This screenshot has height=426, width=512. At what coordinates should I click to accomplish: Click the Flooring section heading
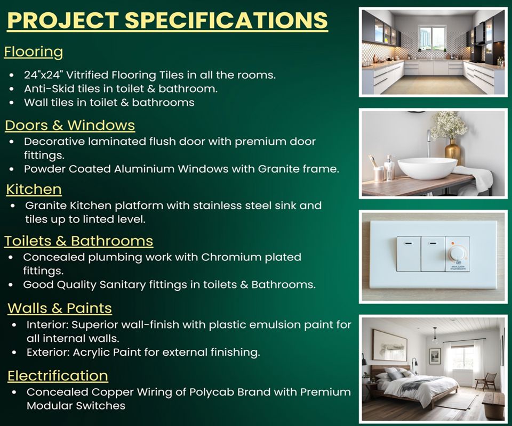tap(34, 52)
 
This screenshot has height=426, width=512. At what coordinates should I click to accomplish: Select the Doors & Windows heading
tap(70, 126)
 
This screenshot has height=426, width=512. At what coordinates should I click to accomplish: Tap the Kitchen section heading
tap(34, 190)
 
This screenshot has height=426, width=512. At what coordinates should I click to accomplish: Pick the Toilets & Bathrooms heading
tap(79, 241)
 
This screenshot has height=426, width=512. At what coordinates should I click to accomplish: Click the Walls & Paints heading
tap(60, 308)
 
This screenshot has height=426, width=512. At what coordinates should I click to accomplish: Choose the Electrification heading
tap(58, 376)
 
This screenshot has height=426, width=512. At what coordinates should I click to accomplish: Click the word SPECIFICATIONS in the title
tap(226, 20)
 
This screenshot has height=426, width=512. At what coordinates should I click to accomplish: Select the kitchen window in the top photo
tap(431, 38)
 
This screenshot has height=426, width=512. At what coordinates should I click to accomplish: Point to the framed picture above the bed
tap(389, 346)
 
